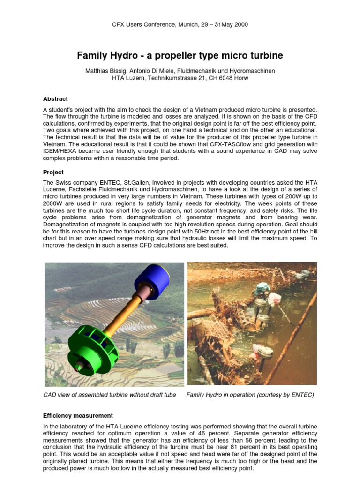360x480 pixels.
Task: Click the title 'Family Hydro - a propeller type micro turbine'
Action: pyautogui.click(x=180, y=56)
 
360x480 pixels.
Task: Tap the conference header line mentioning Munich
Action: pyautogui.click(x=180, y=24)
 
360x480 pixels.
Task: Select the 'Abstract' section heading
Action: pyautogui.click(x=55, y=99)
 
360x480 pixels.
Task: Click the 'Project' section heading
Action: pyautogui.click(x=53, y=172)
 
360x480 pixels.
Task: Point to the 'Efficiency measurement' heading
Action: pyautogui.click(x=78, y=415)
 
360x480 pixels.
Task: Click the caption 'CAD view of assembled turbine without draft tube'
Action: pyautogui.click(x=110, y=395)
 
